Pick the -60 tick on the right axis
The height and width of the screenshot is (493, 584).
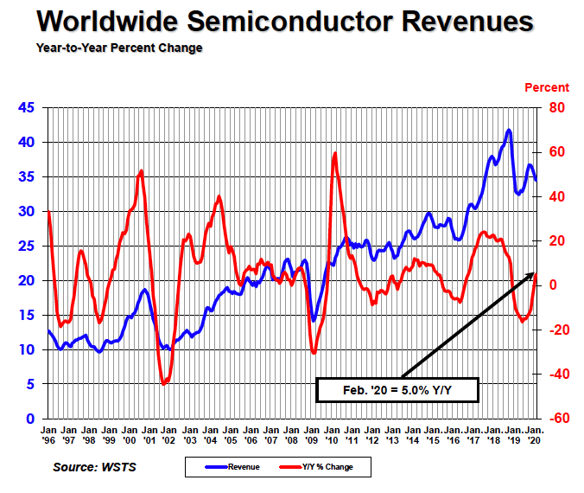(553, 419)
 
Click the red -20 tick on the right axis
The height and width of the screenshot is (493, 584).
(553, 330)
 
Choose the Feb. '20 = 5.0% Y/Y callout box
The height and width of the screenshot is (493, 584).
(398, 390)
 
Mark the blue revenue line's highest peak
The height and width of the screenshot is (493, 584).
(509, 130)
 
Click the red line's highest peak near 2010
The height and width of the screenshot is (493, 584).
(334, 153)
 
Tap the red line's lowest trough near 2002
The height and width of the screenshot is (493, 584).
(164, 383)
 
